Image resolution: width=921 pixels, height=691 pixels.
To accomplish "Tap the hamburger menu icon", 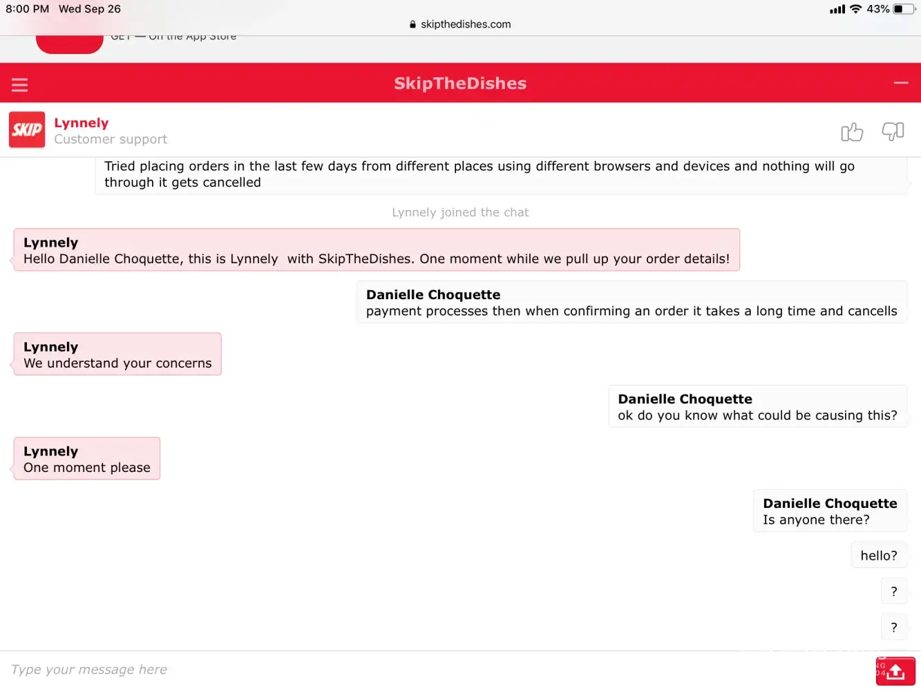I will pyautogui.click(x=19, y=85).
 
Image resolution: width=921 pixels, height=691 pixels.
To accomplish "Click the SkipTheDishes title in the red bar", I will pyautogui.click(x=460, y=84).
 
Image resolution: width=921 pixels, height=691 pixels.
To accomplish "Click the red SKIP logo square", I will pyautogui.click(x=27, y=130).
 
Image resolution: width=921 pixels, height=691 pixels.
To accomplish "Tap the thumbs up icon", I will pyautogui.click(x=852, y=131).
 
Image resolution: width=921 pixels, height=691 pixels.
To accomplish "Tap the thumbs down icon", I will pyautogui.click(x=893, y=131).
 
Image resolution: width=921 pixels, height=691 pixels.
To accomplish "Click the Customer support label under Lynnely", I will pyautogui.click(x=111, y=140).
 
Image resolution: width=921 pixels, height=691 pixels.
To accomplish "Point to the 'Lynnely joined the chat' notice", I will pyautogui.click(x=460, y=213).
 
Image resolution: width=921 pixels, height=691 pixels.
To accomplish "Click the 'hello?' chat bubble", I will pyautogui.click(x=879, y=556).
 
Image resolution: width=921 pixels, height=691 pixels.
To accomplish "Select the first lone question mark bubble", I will pyautogui.click(x=894, y=591).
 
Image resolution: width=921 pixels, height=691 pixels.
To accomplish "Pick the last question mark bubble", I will pyautogui.click(x=894, y=627).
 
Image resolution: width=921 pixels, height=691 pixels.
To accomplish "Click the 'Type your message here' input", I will pyautogui.click(x=415, y=670).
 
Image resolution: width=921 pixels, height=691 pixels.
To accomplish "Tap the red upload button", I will pyautogui.click(x=896, y=671).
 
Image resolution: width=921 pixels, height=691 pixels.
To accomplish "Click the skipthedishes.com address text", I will pyautogui.click(x=466, y=24).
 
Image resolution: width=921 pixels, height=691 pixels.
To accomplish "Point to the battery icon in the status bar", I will pyautogui.click(x=903, y=9).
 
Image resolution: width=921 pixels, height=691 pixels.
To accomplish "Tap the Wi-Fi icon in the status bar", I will pyautogui.click(x=856, y=9).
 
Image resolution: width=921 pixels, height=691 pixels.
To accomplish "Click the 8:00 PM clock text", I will pyautogui.click(x=28, y=9).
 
